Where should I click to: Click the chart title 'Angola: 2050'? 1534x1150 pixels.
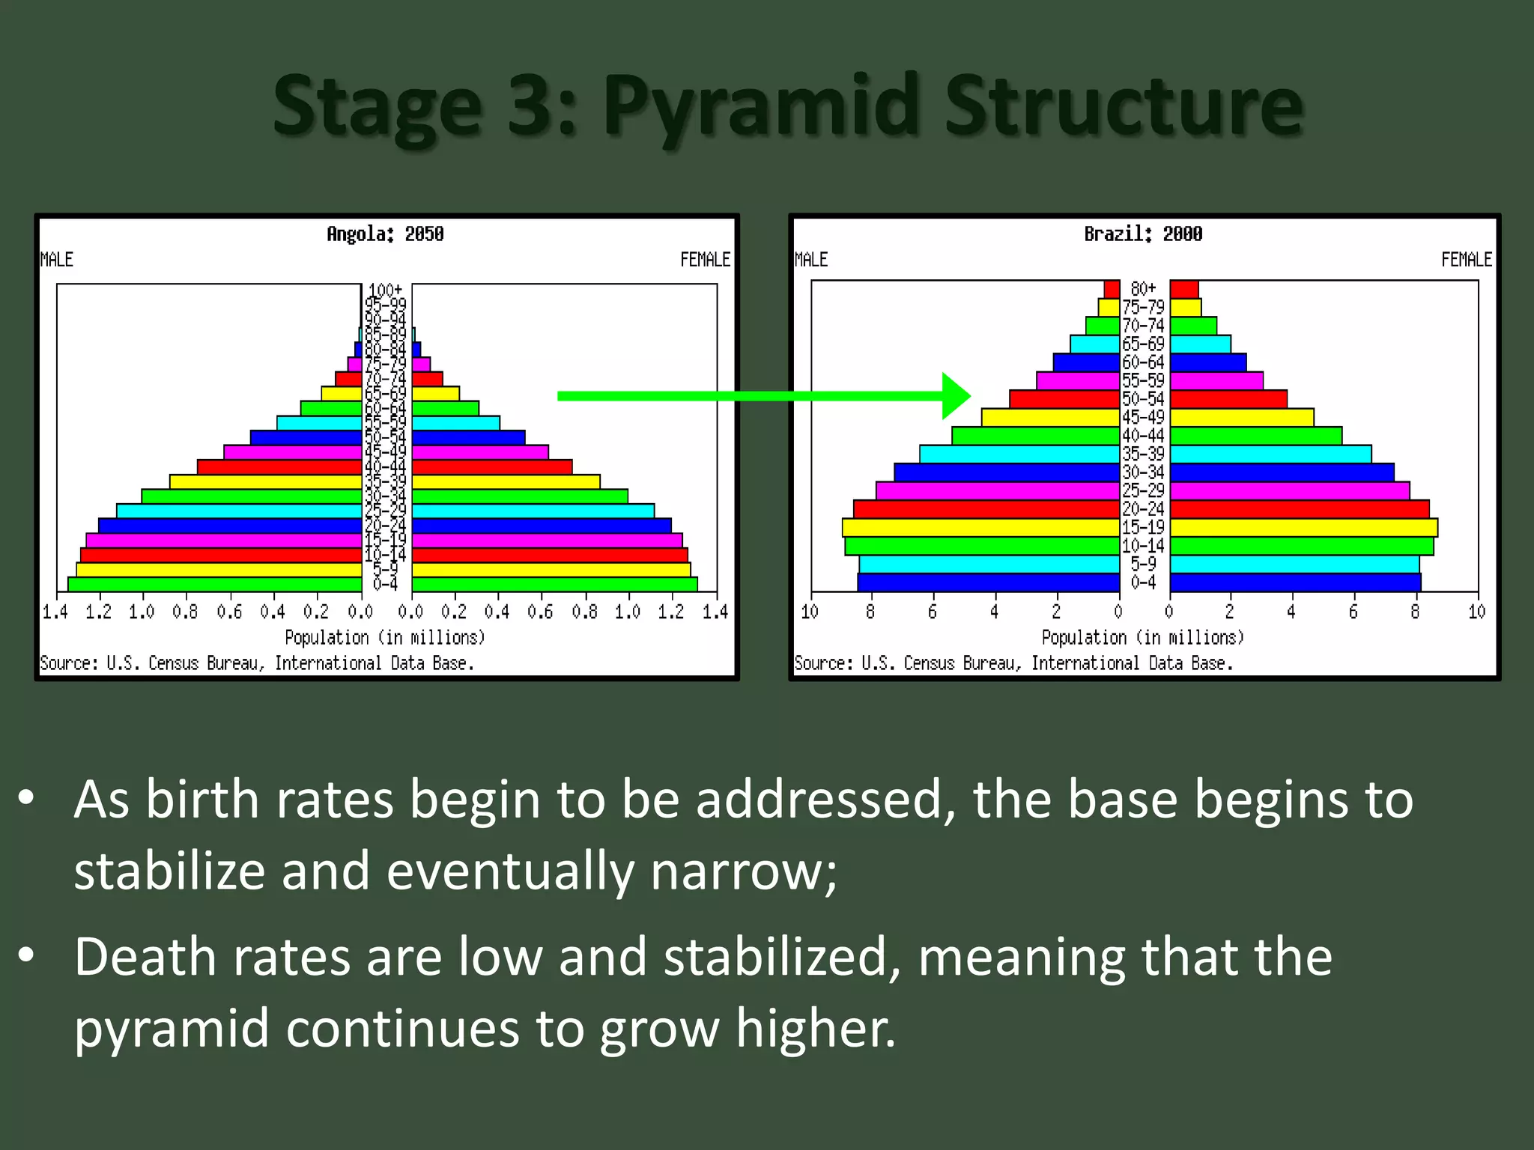click(385, 234)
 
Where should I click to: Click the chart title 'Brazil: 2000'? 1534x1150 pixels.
click(1143, 234)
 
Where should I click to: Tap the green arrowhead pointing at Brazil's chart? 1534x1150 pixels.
click(955, 396)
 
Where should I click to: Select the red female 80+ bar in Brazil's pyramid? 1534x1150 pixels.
click(1184, 289)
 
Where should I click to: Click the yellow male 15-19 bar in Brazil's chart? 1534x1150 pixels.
click(981, 527)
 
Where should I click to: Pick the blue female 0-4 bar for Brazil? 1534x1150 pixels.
click(1295, 582)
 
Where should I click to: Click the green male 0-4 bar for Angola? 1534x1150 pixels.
click(215, 584)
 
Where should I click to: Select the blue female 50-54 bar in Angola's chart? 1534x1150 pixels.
click(468, 437)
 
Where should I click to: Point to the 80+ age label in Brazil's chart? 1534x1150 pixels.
click(1143, 289)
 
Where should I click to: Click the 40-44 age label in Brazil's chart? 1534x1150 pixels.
click(1143, 436)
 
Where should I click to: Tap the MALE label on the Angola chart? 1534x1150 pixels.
click(57, 260)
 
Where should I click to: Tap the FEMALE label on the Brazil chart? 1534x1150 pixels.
click(1466, 260)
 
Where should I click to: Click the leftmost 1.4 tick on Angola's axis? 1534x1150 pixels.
click(55, 612)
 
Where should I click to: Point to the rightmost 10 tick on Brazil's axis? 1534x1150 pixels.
click(1476, 612)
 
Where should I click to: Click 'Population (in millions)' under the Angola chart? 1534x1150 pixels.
click(385, 638)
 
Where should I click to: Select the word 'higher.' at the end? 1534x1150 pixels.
click(816, 1029)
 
